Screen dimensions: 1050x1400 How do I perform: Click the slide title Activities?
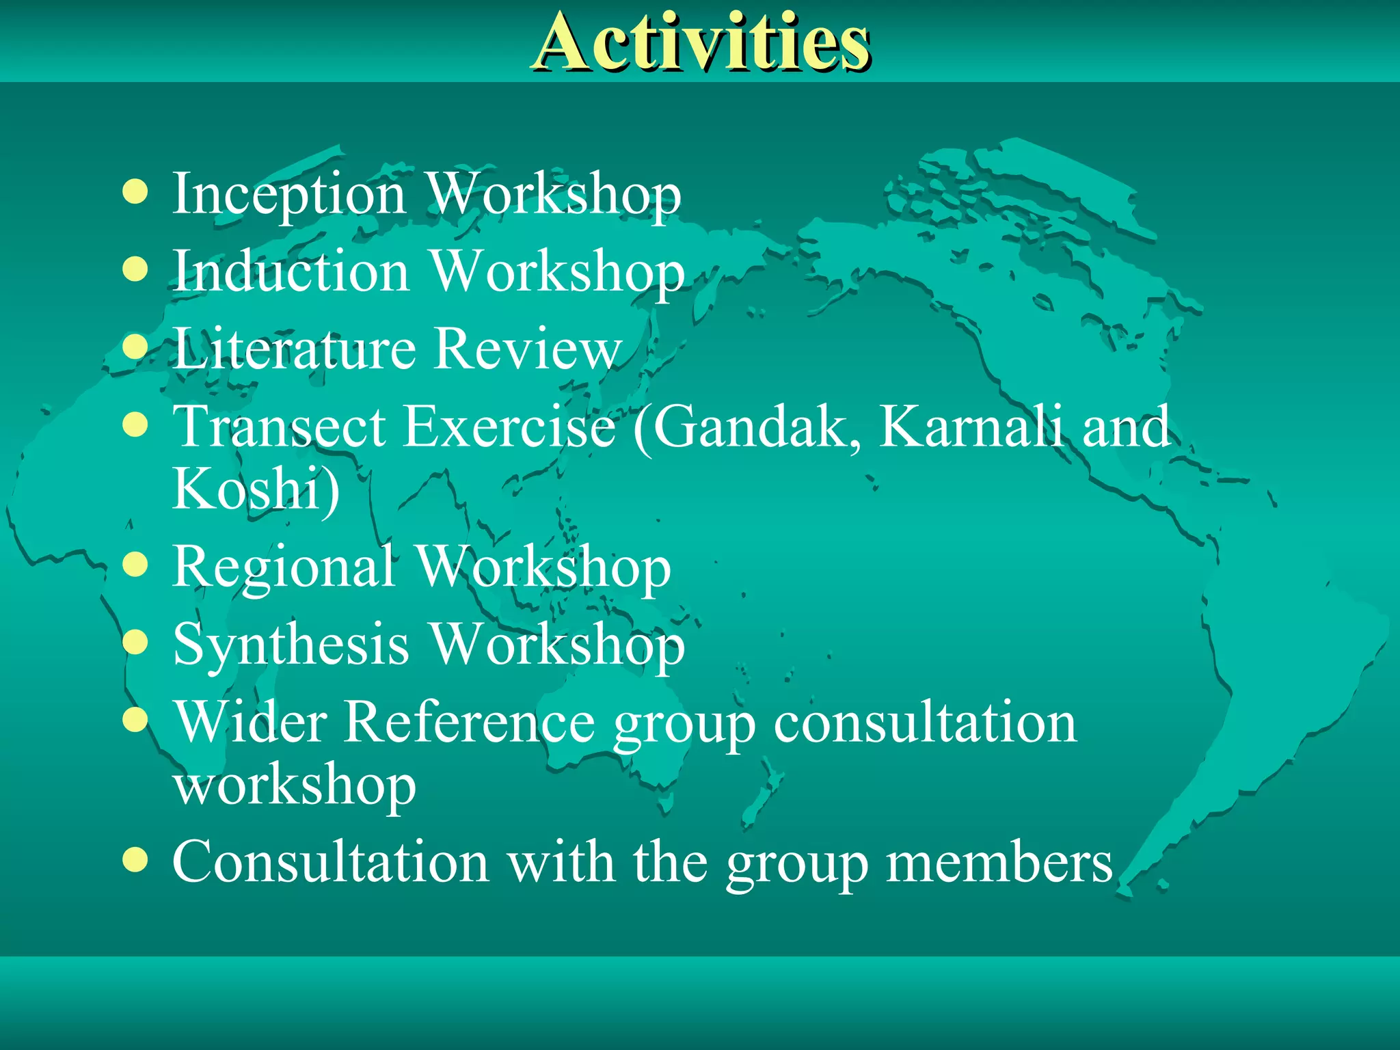pos(701,42)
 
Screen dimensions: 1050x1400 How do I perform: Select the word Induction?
pos(291,271)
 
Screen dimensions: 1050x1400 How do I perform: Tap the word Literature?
pos(295,349)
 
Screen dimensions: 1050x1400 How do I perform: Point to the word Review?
pos(528,349)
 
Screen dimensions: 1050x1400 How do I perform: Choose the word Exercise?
pos(510,427)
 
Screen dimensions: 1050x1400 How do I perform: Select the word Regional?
pos(284,567)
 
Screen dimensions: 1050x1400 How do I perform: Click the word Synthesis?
pos(291,645)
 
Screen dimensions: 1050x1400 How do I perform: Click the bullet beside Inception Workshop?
pos(135,193)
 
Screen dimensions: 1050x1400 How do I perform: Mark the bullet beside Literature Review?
pos(135,347)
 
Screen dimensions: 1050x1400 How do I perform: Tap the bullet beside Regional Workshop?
pos(135,565)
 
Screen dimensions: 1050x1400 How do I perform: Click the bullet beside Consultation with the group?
pos(135,861)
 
